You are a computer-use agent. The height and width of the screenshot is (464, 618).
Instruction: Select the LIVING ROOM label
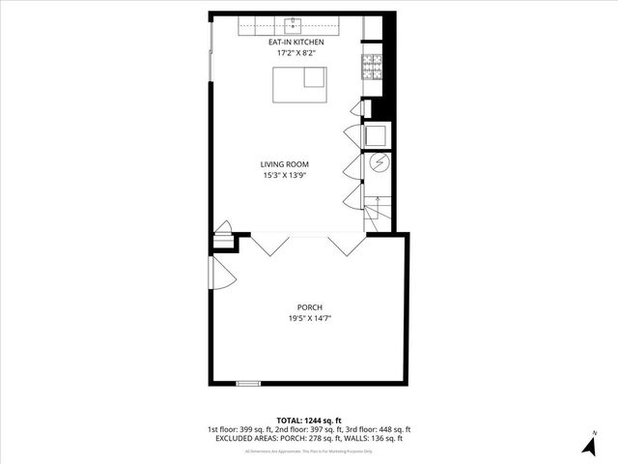coord(284,164)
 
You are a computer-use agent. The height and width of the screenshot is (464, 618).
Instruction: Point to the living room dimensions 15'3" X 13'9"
coord(284,176)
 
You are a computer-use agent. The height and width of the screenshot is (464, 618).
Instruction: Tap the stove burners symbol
coord(372,67)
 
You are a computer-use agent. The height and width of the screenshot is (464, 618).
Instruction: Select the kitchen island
coord(300,86)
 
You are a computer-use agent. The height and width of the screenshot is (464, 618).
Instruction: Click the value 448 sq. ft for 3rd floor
coord(393,429)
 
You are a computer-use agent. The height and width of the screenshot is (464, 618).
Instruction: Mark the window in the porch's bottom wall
coord(248,384)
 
